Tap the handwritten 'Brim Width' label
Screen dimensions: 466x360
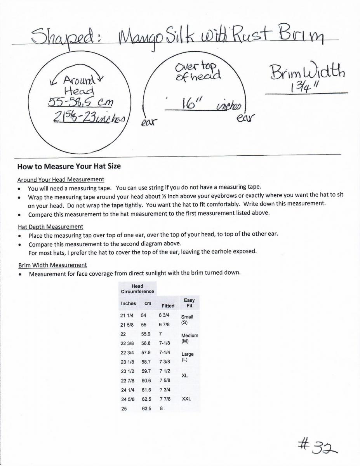coord(306,72)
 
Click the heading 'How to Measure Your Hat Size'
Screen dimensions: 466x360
coord(69,166)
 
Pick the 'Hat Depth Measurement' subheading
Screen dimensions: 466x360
coord(50,226)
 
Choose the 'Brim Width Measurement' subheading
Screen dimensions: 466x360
coord(52,265)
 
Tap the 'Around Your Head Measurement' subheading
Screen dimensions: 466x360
coord(61,179)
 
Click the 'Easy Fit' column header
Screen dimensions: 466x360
coord(189,303)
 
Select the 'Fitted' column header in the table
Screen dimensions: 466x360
coord(168,306)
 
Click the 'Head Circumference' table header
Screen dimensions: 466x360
coord(137,289)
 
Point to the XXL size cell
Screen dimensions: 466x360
coord(186,398)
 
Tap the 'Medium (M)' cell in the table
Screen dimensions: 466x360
coord(190,338)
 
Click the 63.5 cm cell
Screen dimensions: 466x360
coord(146,409)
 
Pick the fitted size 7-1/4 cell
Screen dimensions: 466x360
coord(165,352)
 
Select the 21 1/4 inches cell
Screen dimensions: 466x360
coord(128,315)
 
